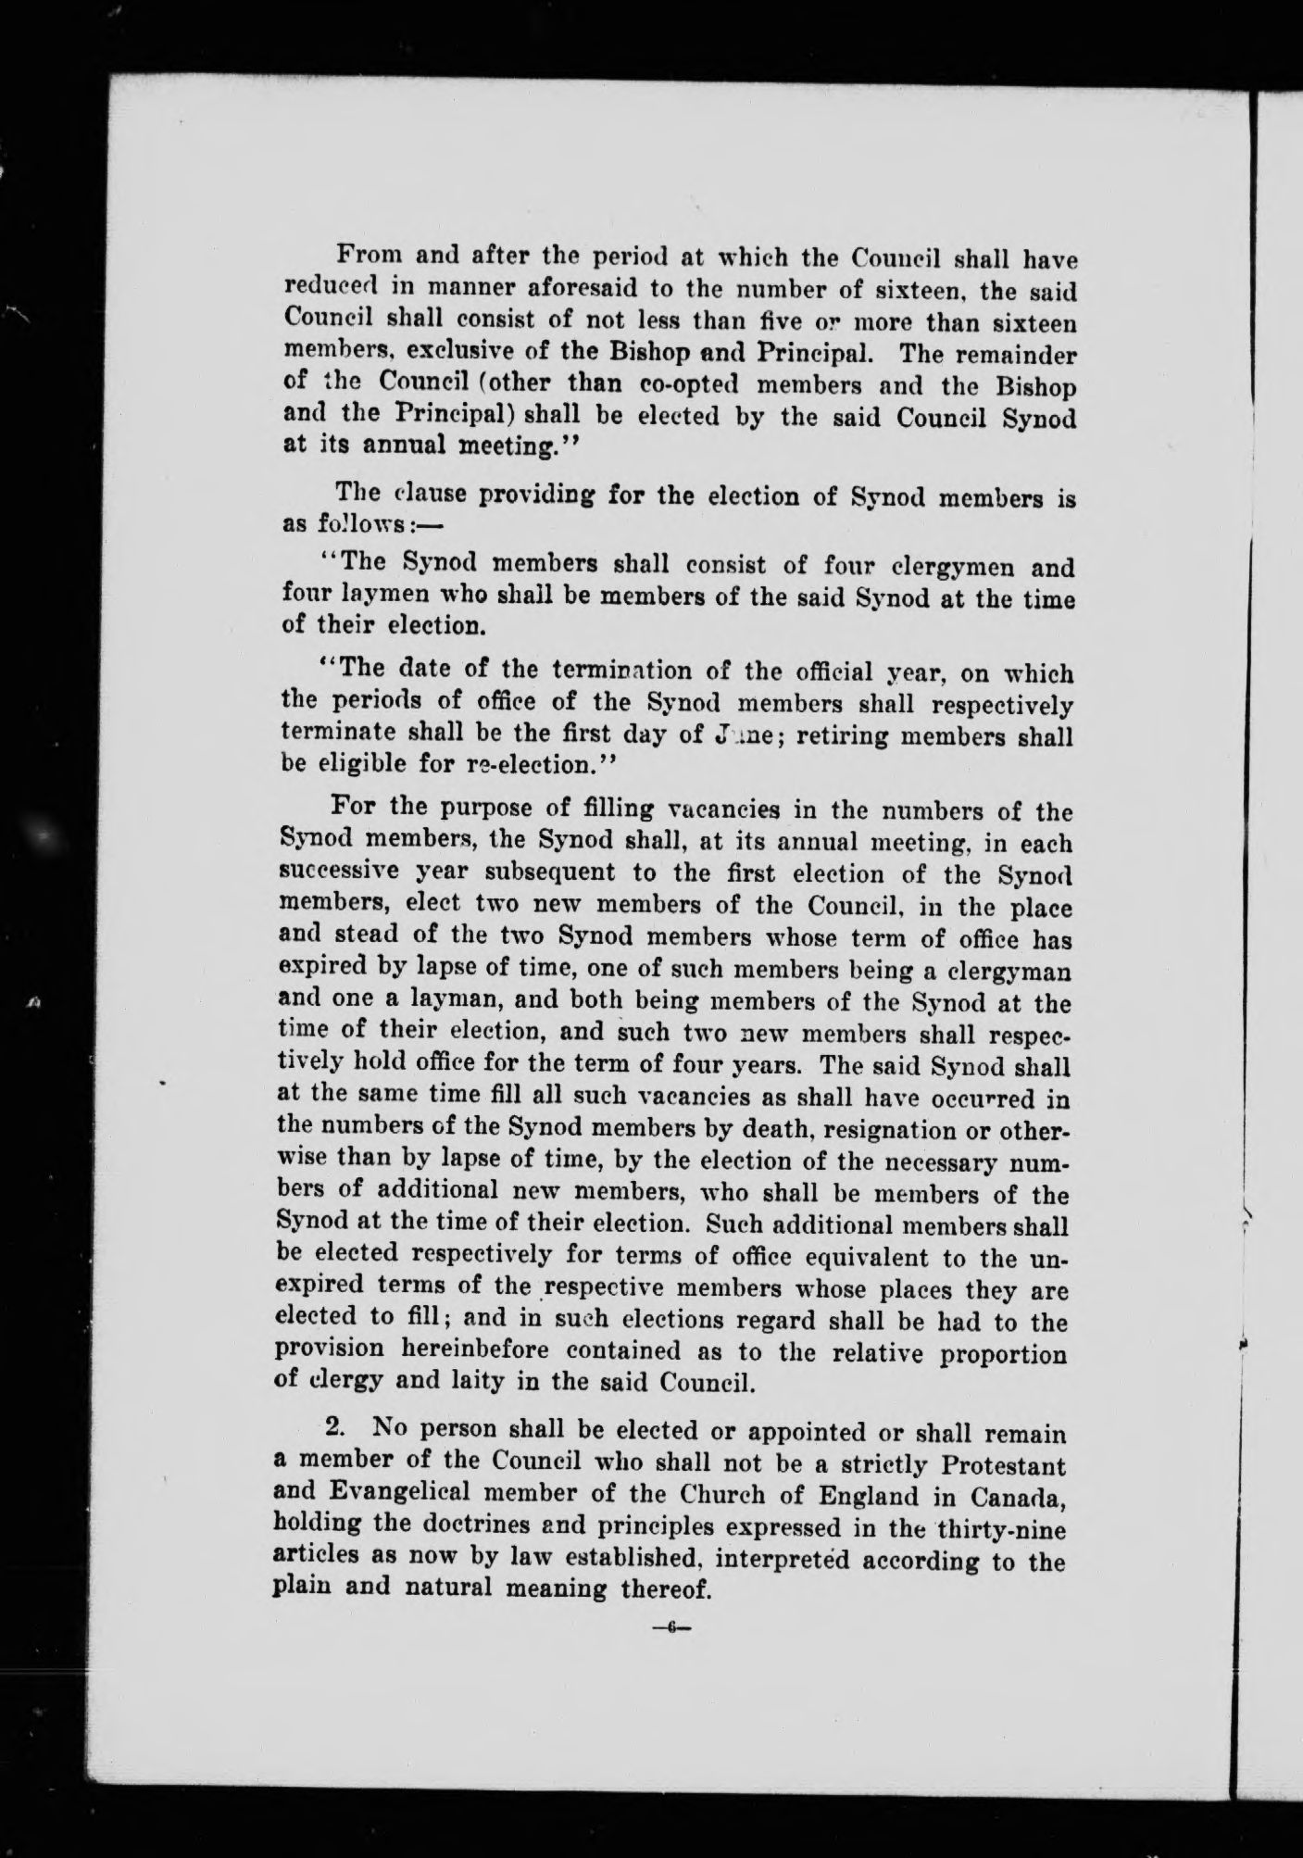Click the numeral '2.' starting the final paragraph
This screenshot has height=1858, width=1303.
pos(335,1433)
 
